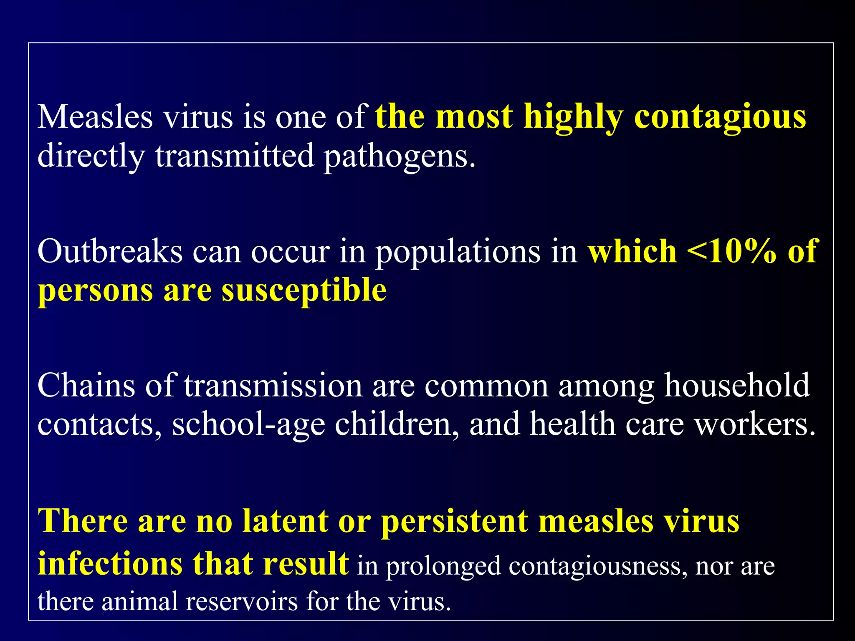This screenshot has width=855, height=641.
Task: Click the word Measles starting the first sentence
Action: tap(95, 117)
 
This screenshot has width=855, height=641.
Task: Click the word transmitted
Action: tap(235, 156)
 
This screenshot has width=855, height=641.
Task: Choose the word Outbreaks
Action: tap(110, 252)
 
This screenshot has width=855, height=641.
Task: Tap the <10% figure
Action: tap(731, 252)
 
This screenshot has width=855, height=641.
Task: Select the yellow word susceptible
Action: tap(304, 291)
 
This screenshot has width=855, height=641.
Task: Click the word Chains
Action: tap(86, 385)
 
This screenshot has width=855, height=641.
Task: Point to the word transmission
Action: tap(273, 385)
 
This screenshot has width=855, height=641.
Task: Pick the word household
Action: tap(737, 385)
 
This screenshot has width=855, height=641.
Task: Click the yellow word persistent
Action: tap(455, 522)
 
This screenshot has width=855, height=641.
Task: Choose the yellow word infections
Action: tap(110, 563)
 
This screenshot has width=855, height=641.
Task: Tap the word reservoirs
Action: tap(242, 602)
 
